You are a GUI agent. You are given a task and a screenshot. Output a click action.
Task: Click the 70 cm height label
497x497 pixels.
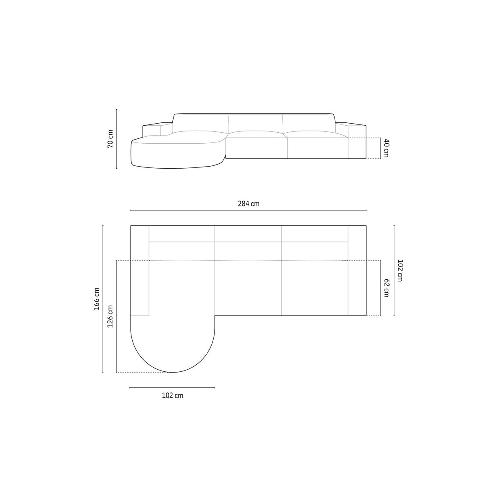pos(110,139)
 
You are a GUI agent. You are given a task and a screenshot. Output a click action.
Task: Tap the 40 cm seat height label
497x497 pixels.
pos(386,148)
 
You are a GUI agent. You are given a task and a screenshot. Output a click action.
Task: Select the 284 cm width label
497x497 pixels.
pos(248,204)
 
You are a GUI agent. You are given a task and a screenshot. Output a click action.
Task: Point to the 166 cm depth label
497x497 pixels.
pos(97,299)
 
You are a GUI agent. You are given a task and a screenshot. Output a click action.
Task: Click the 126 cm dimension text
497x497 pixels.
pos(110,316)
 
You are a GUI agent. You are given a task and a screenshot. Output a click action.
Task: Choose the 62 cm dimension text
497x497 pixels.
pos(386,288)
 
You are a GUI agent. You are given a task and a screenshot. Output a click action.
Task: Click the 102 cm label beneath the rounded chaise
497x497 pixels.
pos(172,395)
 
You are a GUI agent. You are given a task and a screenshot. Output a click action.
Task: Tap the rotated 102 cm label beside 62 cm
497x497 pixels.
pos(400,270)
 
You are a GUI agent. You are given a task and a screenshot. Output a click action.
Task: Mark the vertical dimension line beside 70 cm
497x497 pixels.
pos(117,139)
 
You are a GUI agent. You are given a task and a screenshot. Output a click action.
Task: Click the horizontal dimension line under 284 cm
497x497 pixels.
pos(248,210)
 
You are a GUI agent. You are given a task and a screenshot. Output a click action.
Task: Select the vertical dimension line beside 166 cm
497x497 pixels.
pos(103,299)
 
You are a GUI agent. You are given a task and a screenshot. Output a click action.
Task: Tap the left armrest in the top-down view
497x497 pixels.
pos(140,271)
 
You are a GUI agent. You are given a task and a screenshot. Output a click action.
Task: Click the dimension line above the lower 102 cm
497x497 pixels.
pos(172,387)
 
